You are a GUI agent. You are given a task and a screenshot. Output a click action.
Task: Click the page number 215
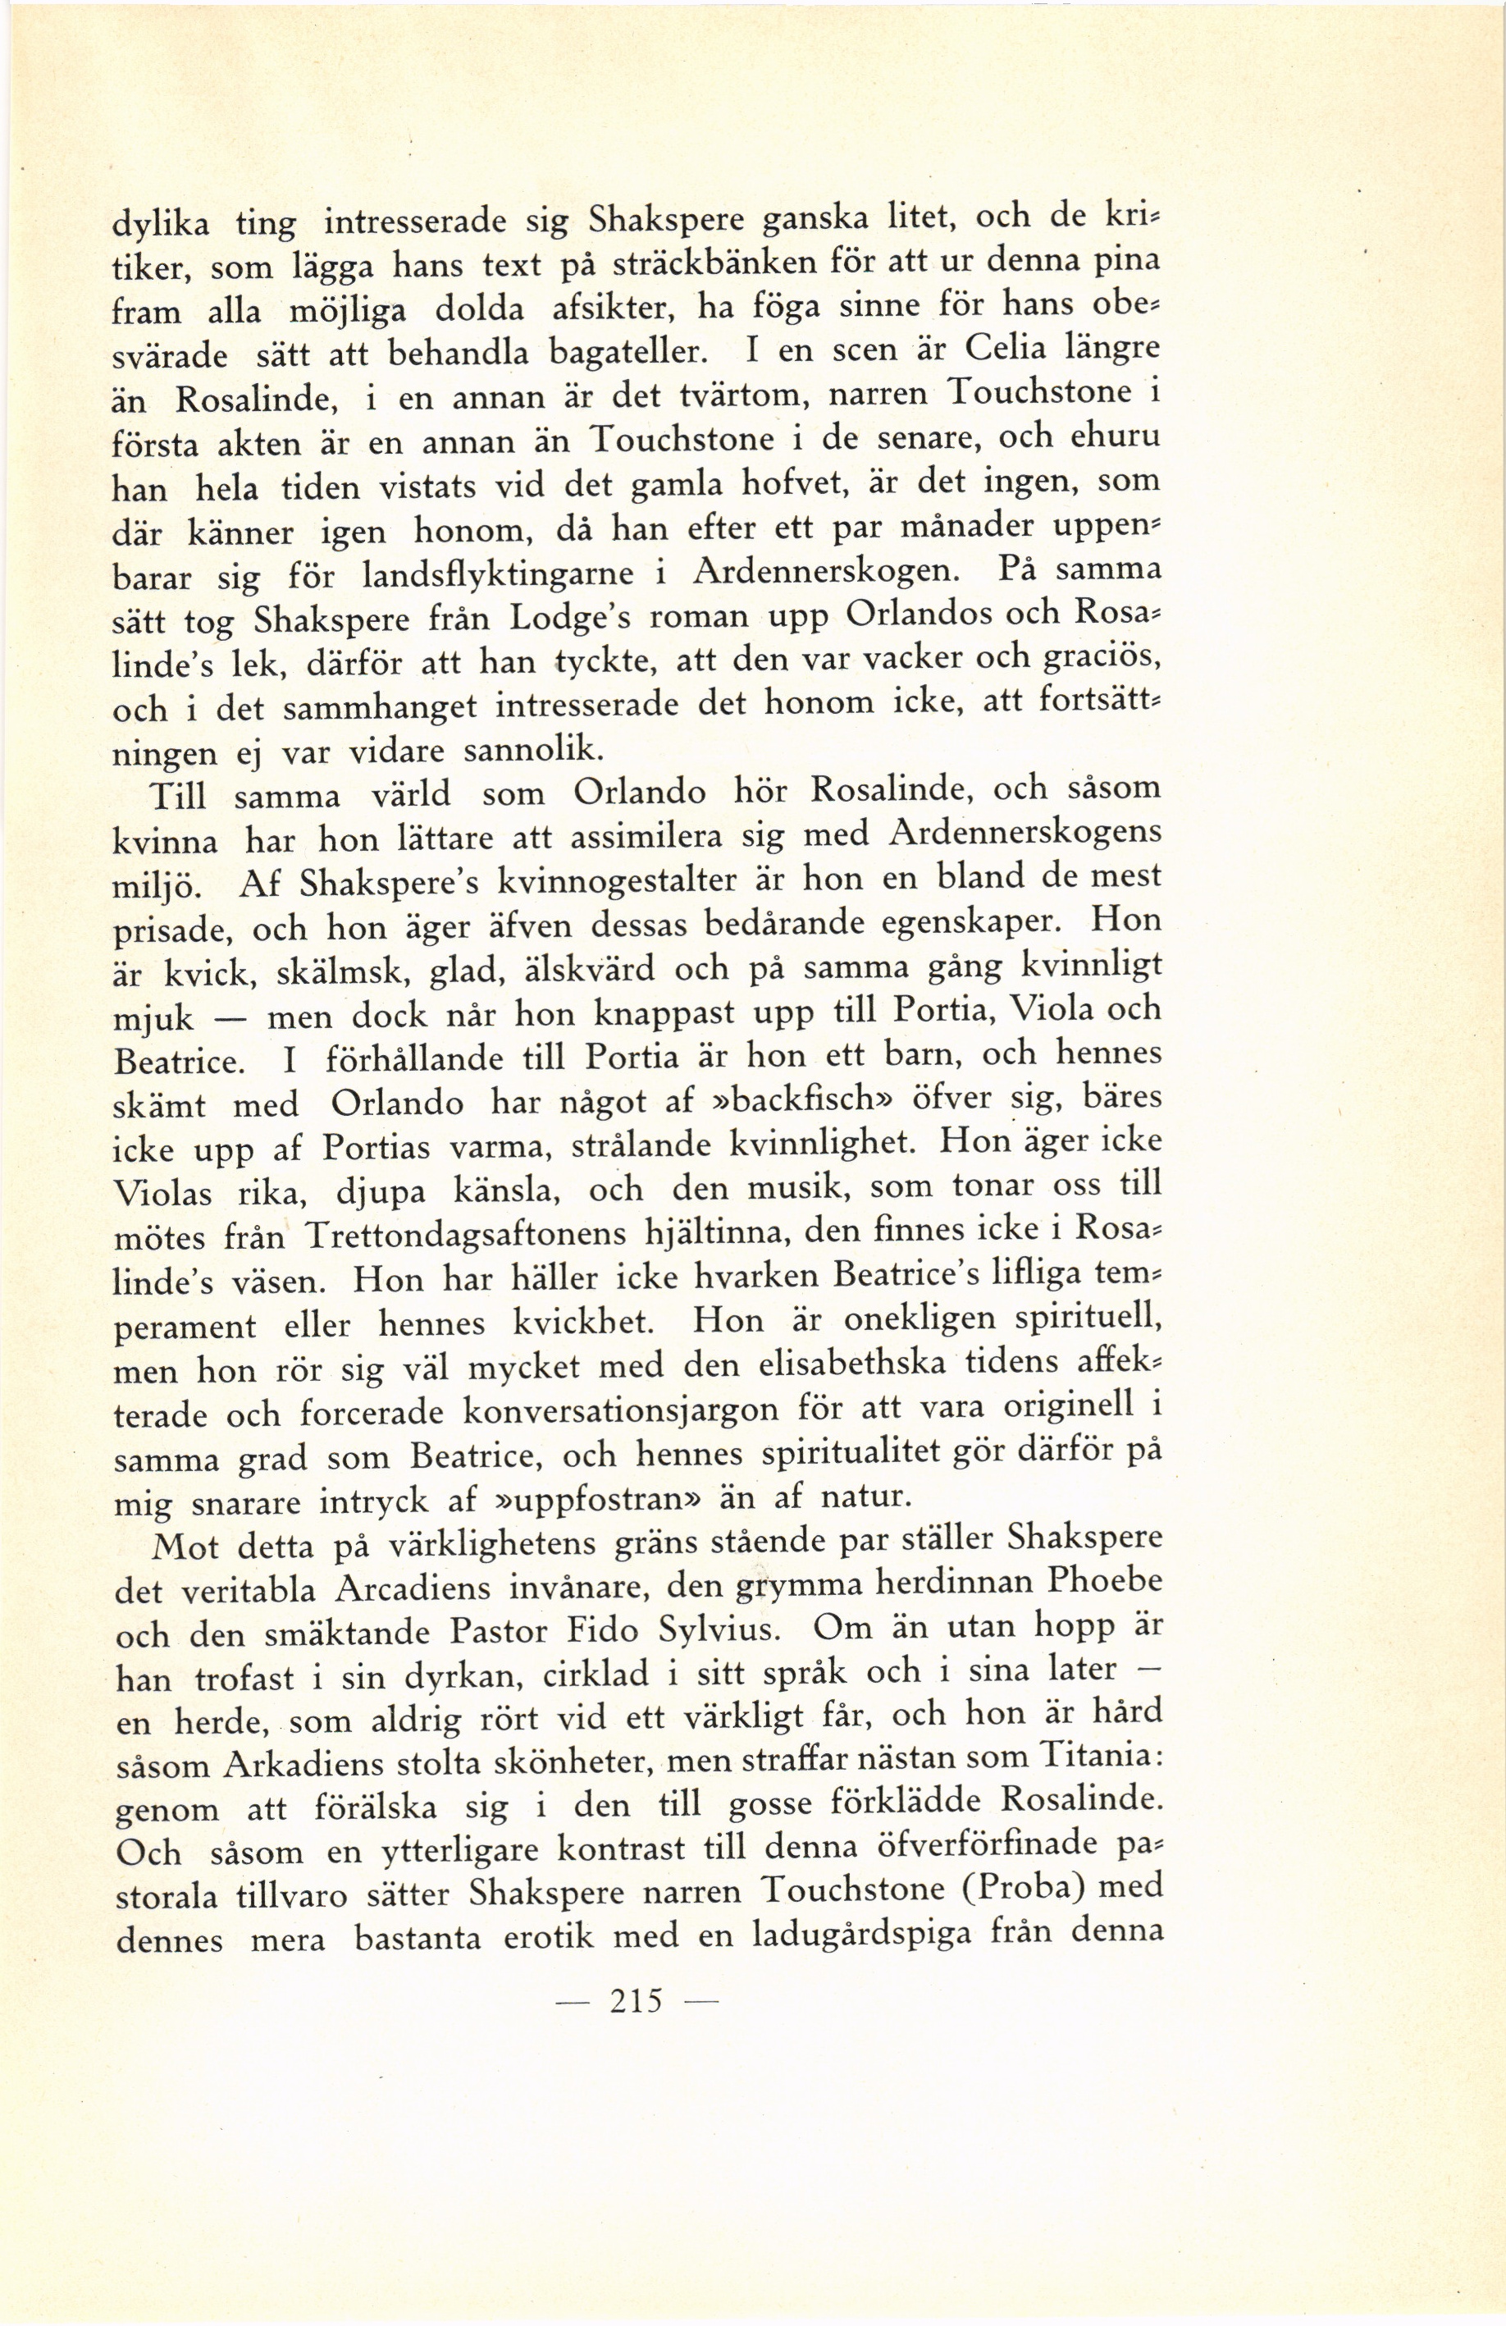pos(635,2000)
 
